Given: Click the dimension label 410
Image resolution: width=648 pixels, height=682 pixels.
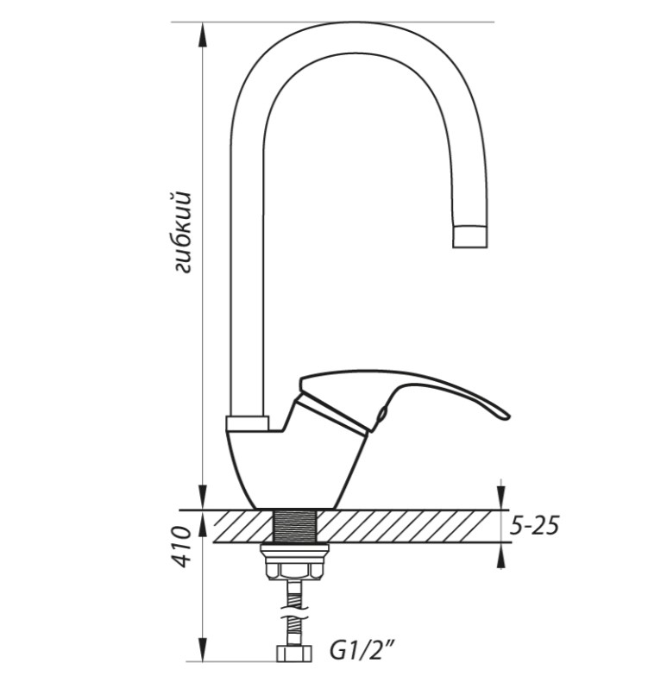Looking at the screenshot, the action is pos(179,547).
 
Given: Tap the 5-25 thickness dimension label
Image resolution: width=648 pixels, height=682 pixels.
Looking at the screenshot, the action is pos(534,526).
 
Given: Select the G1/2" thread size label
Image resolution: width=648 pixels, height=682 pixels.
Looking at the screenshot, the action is pos(361,653).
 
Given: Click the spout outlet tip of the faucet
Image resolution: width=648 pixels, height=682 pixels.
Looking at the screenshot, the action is pos(470,236).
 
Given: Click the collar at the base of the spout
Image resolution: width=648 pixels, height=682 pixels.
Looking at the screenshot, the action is pos(247,423).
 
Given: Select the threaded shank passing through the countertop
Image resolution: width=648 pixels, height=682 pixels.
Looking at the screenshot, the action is pos(295,526).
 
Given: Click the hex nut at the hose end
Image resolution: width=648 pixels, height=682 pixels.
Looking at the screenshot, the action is pos(295,654).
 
